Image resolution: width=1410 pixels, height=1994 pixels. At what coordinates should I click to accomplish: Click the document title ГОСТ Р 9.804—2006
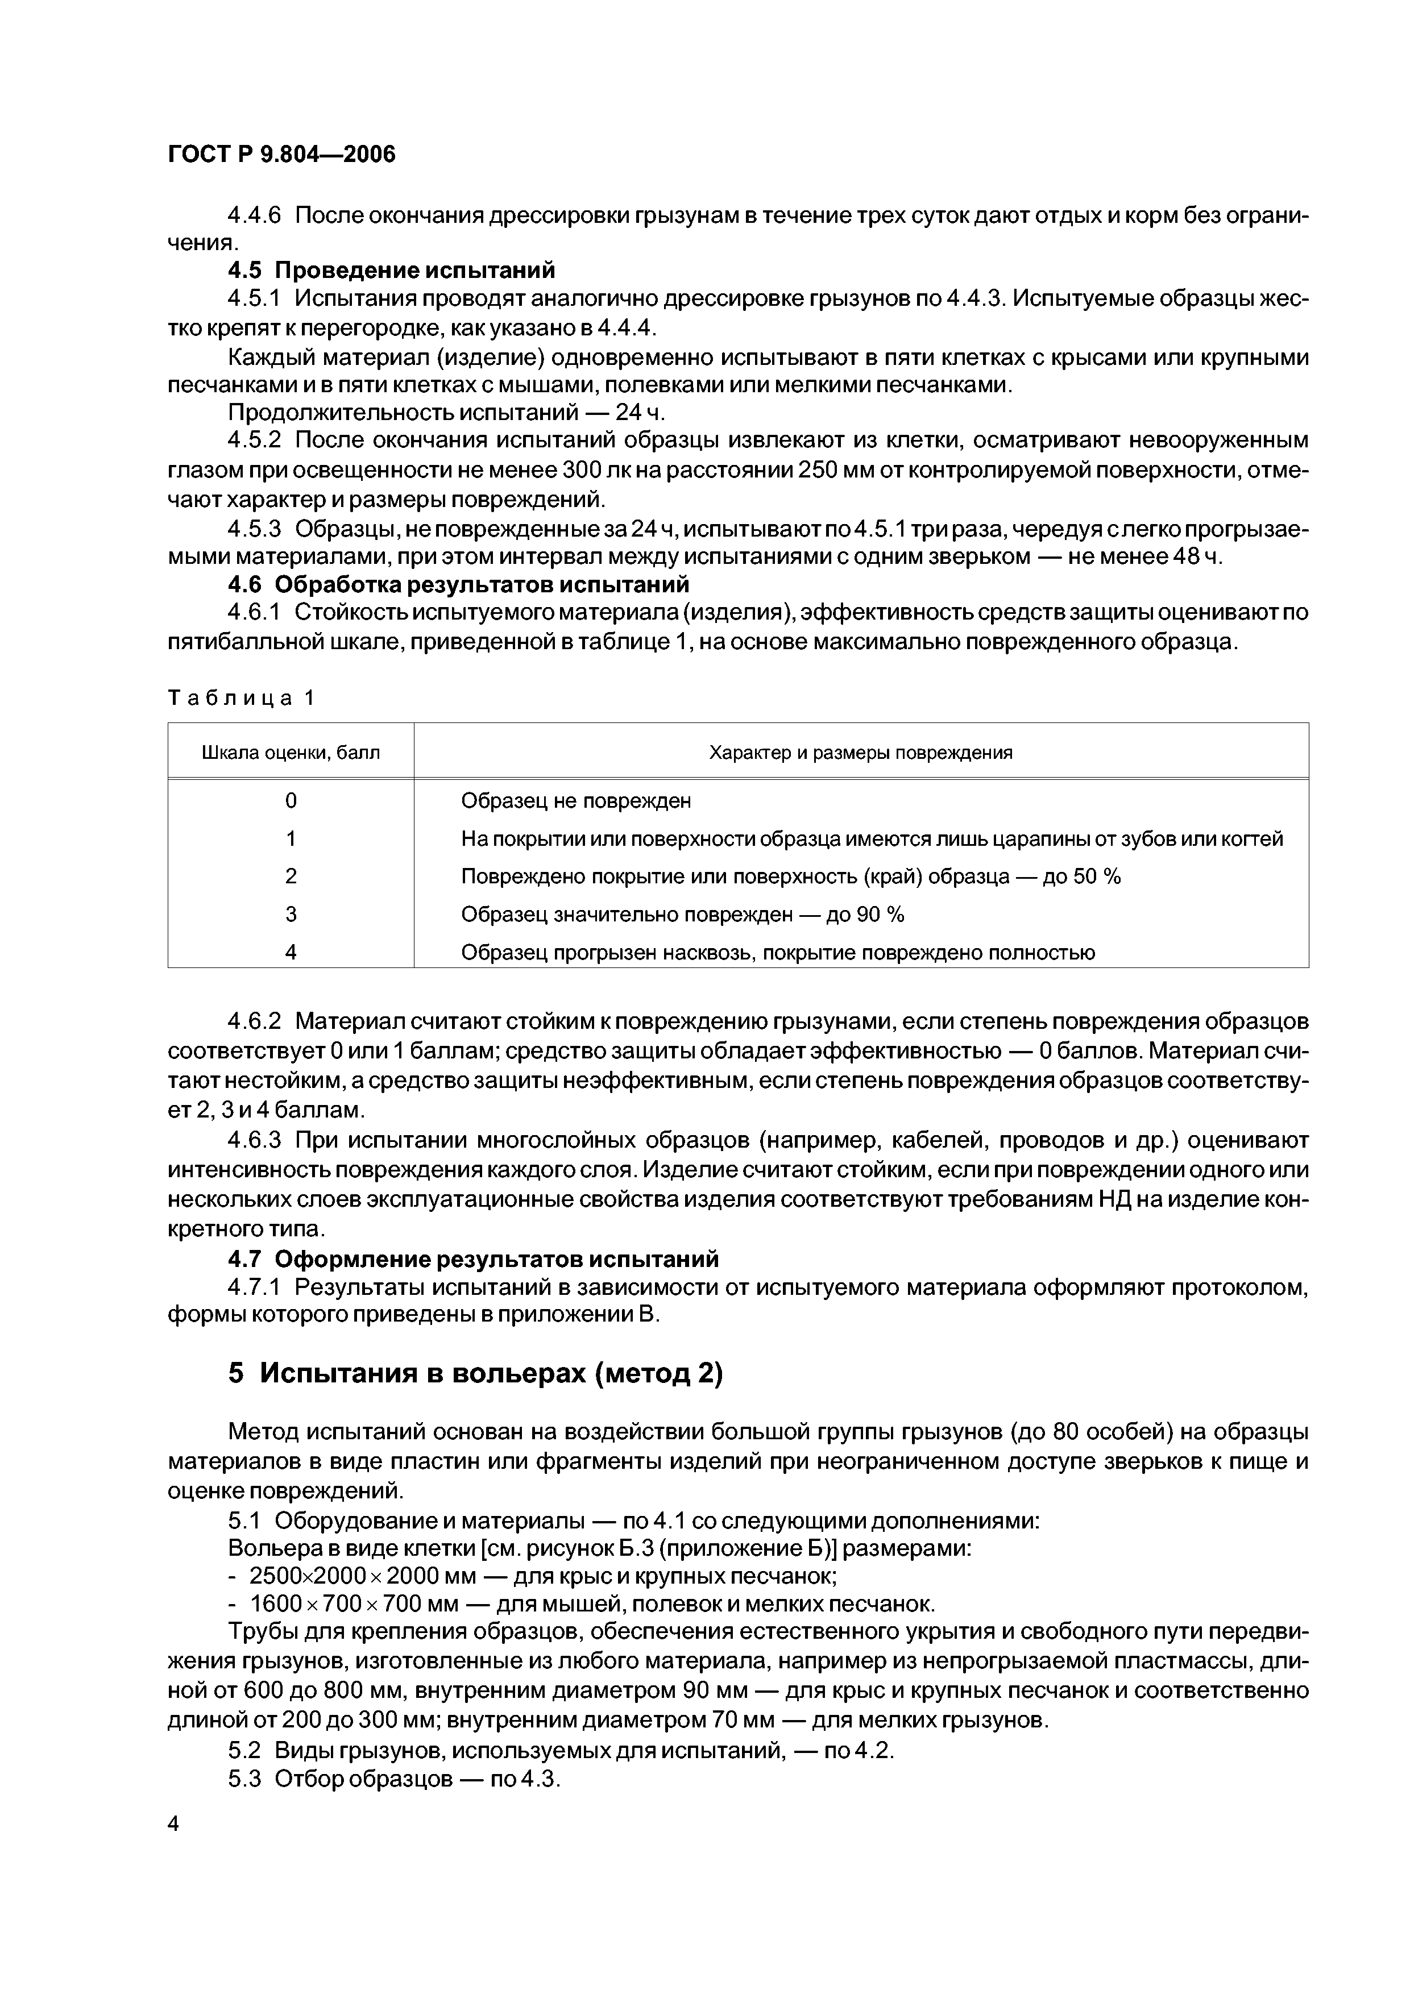pos(281,155)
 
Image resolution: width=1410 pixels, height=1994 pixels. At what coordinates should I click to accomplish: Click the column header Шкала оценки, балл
pos(291,752)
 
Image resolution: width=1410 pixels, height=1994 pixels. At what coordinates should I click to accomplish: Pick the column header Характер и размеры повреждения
pos(861,752)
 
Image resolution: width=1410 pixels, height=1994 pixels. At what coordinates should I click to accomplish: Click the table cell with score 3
pos(291,915)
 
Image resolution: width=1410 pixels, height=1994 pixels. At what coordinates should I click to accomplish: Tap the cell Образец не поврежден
pos(576,801)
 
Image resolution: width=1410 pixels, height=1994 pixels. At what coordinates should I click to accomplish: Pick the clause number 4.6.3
pos(255,1140)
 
